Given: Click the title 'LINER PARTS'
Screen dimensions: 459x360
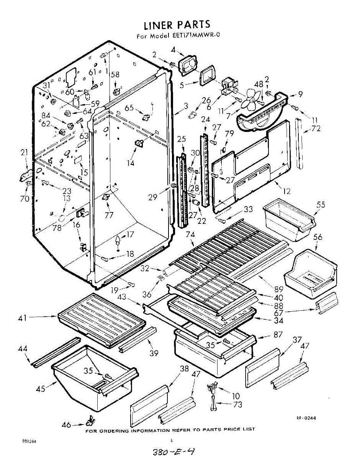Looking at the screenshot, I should click(177, 25).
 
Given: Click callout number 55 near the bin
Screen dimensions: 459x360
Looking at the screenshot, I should click(321, 205).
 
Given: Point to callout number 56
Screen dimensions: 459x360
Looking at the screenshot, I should click(318, 237).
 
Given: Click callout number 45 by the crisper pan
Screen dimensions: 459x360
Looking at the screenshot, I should click(41, 389).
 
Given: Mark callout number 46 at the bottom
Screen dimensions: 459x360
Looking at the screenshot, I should click(66, 424).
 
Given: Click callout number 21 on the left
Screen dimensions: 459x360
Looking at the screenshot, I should click(24, 153).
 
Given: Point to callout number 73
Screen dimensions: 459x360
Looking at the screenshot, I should click(237, 404).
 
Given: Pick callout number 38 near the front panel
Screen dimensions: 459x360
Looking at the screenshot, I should click(184, 369).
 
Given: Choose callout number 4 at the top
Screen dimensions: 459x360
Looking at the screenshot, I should click(173, 49).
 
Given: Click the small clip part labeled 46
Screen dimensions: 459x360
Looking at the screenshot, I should click(90, 421).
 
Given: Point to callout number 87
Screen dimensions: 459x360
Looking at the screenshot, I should click(278, 335).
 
